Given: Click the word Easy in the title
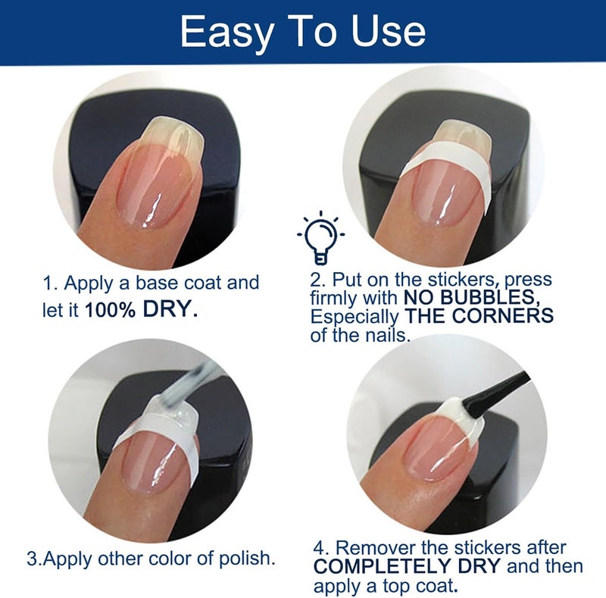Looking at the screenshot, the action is point(227,33).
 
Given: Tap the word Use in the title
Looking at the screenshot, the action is point(389,31).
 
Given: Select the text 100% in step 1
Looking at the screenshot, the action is point(110,310).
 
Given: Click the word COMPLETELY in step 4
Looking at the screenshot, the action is point(407,566).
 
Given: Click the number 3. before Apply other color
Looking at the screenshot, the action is point(33,559).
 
